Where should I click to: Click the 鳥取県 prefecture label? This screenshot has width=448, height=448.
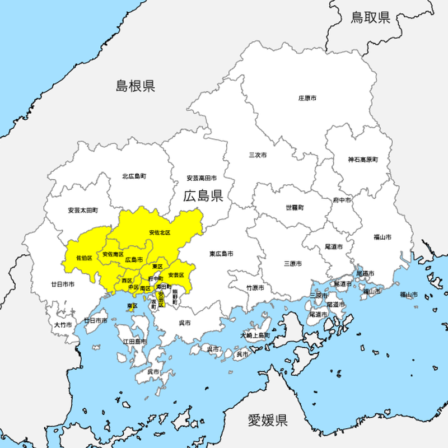pyautogui.click(x=370, y=17)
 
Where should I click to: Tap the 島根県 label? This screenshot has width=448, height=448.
pyautogui.click(x=136, y=86)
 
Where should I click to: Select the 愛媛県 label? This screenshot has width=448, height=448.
pyautogui.click(x=268, y=419)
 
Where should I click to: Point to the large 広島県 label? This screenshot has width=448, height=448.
pyautogui.click(x=203, y=195)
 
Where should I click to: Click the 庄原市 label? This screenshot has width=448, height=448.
pyautogui.click(x=307, y=98)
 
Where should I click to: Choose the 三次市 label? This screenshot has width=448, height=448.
pyautogui.click(x=258, y=155)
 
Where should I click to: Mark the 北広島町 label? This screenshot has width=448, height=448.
pyautogui.click(x=134, y=176)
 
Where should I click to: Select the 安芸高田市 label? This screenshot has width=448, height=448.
pyautogui.click(x=202, y=178)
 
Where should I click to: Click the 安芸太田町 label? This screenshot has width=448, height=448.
pyautogui.click(x=83, y=211)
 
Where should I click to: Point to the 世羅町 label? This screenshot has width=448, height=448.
pyautogui.click(x=295, y=207)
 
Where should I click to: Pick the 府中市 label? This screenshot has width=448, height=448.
pyautogui.click(x=342, y=200)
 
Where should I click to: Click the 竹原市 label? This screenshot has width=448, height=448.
pyautogui.click(x=255, y=287)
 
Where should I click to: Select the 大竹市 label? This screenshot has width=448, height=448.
pyautogui.click(x=63, y=324)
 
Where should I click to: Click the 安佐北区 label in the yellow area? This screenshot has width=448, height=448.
pyautogui.click(x=160, y=232)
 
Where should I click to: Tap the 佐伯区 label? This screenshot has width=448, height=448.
pyautogui.click(x=84, y=258)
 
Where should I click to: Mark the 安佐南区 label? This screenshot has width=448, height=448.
pyautogui.click(x=113, y=254)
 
